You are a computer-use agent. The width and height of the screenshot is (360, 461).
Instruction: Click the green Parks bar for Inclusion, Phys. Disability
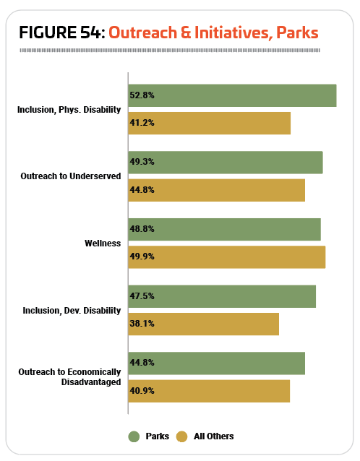point(232,95)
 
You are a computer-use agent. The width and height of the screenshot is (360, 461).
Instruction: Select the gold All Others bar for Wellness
point(227,257)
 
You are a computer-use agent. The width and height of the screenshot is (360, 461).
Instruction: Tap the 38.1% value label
point(142,324)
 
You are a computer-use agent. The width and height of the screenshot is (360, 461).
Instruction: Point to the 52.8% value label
point(142,95)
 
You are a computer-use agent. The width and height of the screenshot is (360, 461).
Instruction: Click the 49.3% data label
point(142,162)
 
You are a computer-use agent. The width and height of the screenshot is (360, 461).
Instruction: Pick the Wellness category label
point(103,244)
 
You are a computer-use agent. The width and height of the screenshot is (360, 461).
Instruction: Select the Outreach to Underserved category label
point(71,176)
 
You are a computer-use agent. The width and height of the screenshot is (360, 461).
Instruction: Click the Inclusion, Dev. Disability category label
point(72,311)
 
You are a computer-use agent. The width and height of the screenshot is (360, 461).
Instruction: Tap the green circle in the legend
point(134,436)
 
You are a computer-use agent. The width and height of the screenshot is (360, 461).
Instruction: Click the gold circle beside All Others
point(181,436)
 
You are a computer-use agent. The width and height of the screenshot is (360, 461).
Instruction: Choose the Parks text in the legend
point(158,436)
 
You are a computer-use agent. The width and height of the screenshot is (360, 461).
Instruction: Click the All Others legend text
point(214,436)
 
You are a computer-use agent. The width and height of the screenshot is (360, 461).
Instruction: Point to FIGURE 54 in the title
point(62,33)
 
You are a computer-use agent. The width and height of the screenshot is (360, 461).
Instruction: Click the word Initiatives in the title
point(231,33)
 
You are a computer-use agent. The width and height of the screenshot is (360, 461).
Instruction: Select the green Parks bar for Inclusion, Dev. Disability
point(222,296)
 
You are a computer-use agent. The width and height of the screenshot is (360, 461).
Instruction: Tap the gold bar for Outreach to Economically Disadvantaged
point(209,391)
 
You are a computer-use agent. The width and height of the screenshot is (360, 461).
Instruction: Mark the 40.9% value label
point(142,391)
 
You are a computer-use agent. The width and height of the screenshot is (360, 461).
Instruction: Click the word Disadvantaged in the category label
point(91,382)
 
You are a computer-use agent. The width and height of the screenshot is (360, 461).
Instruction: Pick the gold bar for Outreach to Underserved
point(217,190)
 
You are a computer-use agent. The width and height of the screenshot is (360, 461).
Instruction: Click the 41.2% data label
point(142,123)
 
